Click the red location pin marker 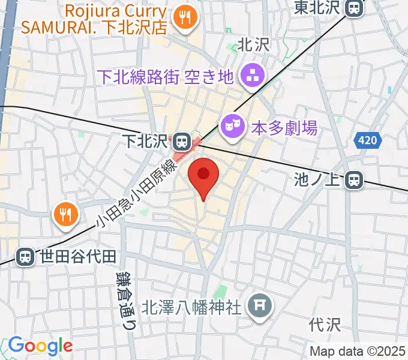(x=203, y=175)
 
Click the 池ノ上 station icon (x=355, y=179)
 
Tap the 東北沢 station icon (x=355, y=8)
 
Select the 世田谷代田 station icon (x=25, y=257)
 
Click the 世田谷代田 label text (x=77, y=257)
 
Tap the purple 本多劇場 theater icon (x=232, y=126)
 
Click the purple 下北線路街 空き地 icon (x=250, y=76)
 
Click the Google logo (x=40, y=346)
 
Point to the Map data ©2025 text (x=358, y=351)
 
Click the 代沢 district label (x=325, y=325)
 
